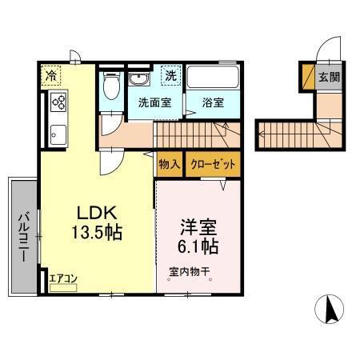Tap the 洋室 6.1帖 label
(198, 234)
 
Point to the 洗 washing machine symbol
(170, 75)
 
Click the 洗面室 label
(154, 102)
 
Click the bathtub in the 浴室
(214, 78)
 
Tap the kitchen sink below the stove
(59, 132)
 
